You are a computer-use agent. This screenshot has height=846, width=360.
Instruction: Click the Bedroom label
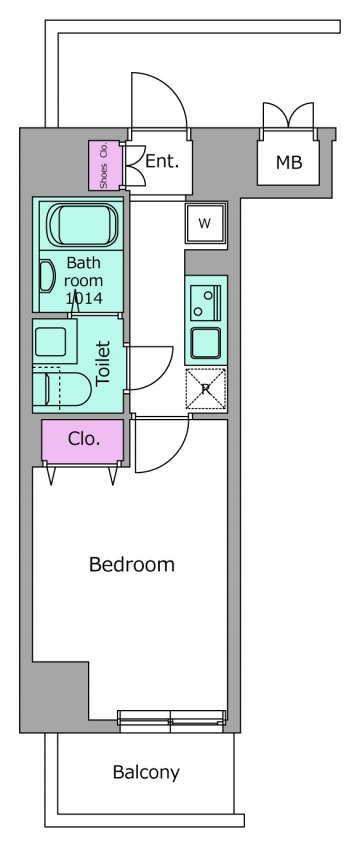click(132, 565)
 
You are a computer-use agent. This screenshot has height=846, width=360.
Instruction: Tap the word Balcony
click(146, 773)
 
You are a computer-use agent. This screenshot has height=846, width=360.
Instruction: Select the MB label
click(289, 162)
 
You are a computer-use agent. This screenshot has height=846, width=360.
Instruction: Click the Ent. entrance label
click(162, 160)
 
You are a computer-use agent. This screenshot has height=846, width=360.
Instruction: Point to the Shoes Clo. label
click(104, 166)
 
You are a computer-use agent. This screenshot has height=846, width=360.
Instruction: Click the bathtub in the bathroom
click(81, 225)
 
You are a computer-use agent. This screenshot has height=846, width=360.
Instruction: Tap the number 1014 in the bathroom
click(84, 298)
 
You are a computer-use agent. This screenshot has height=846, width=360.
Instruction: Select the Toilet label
click(103, 363)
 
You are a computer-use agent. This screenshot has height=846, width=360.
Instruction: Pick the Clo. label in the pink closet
click(84, 439)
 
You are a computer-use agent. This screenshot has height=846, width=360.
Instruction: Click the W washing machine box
click(205, 223)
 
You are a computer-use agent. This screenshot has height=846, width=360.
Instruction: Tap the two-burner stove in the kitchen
click(206, 303)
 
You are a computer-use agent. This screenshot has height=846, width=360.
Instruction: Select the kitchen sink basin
click(206, 344)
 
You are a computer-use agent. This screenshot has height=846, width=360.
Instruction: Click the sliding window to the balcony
click(171, 721)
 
